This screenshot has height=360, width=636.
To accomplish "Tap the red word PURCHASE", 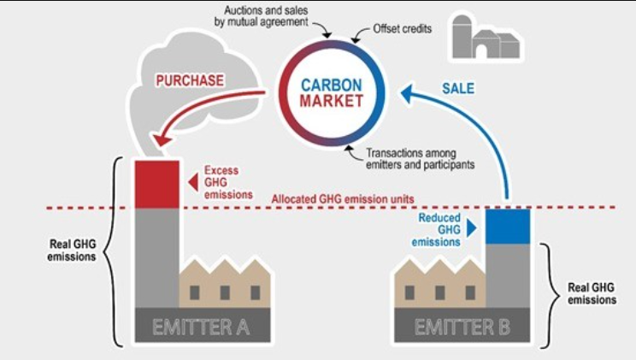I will [190, 80].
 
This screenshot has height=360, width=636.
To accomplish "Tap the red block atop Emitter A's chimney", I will [156, 183].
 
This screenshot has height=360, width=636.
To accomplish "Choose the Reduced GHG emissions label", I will [439, 229].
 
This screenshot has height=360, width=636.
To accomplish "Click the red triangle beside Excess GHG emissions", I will [194, 181].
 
